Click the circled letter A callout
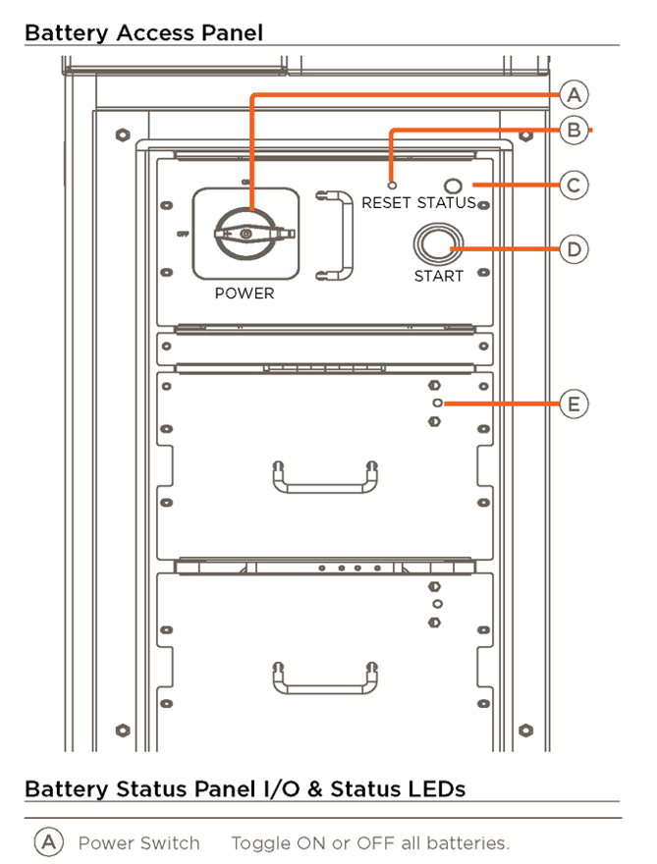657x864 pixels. coord(575,95)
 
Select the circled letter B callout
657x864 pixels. coord(575,130)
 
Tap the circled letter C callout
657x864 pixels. coord(575,185)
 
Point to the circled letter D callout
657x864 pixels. coord(575,249)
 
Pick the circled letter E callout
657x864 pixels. coord(575,404)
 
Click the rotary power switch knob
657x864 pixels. coord(246,233)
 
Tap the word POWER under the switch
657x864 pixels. coord(245,293)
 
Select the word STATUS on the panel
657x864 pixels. coord(446,203)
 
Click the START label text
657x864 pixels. coord(438,276)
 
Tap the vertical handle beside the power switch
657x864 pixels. coord(334,236)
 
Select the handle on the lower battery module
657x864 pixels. coord(325,676)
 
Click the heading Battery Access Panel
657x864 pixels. coord(143,32)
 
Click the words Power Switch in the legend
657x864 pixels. coord(138,842)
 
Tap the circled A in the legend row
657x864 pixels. coord(47,842)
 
